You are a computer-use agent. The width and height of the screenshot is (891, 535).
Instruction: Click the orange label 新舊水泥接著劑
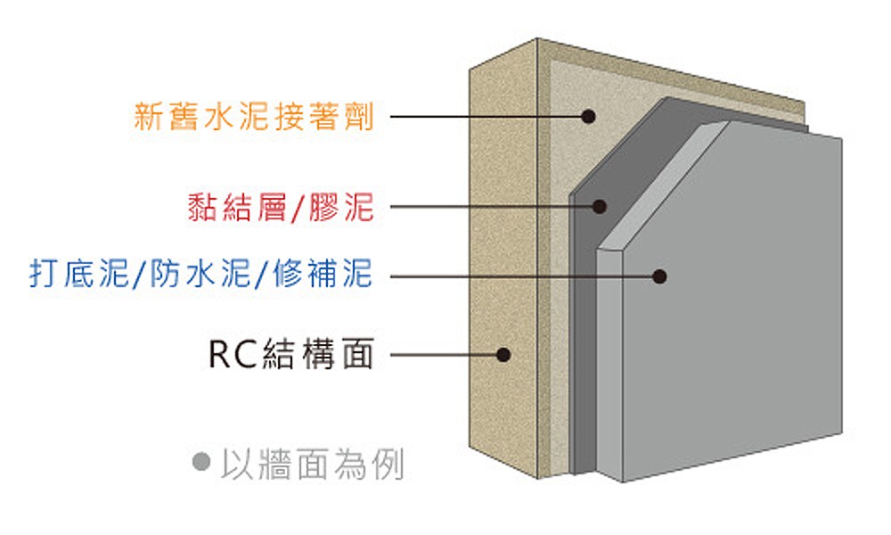pos(253,117)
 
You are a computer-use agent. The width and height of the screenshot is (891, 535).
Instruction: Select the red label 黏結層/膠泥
pos(281,208)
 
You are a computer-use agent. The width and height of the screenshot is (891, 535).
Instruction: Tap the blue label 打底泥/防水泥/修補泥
pos(200,275)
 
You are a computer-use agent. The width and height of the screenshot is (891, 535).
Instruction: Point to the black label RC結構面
pos(290,354)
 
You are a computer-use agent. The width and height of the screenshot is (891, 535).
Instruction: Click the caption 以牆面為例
pos(312,464)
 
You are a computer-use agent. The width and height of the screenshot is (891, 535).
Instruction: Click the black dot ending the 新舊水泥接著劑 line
pos(588,116)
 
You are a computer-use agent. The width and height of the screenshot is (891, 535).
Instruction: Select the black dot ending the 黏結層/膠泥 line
pos(600,207)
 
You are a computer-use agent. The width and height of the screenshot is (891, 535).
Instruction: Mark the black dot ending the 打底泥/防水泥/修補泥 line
pos(659,276)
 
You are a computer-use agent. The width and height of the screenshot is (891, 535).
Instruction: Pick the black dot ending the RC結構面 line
pos(503,355)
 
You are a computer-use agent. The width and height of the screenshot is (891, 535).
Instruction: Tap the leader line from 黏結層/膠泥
pos(490,207)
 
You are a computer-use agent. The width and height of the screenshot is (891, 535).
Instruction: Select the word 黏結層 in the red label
pos(236,208)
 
